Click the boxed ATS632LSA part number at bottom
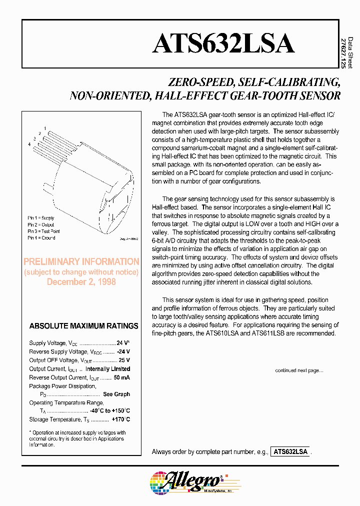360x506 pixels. click(290, 451)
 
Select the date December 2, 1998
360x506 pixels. click(81, 282)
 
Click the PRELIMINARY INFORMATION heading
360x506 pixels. click(81, 261)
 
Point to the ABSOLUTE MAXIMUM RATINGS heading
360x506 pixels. click(83, 326)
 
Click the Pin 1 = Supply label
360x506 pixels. click(41, 218)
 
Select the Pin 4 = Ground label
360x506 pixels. click(41, 238)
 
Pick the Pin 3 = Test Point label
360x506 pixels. click(43, 231)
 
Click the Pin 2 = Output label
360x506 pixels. click(41, 225)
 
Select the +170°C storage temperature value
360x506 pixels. click(120, 419)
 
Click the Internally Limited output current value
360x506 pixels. click(107, 369)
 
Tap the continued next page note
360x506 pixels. click(299, 370)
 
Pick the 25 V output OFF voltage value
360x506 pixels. click(124, 360)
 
